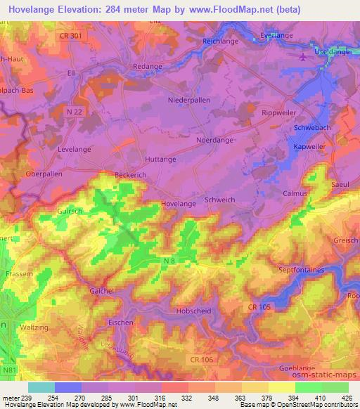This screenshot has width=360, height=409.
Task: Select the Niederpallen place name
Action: (188, 100)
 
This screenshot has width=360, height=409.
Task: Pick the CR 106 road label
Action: (200, 359)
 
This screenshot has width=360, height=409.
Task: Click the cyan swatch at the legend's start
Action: (41, 387)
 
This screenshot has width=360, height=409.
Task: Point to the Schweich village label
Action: (219, 200)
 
